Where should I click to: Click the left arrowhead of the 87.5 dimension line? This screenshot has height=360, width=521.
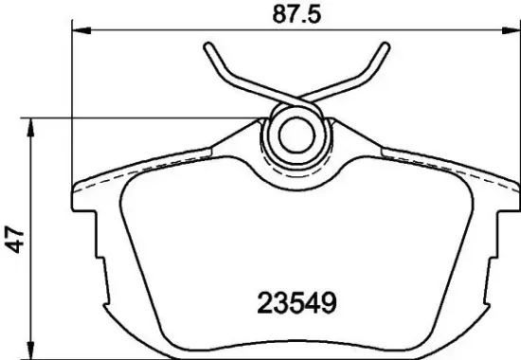(79, 34)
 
